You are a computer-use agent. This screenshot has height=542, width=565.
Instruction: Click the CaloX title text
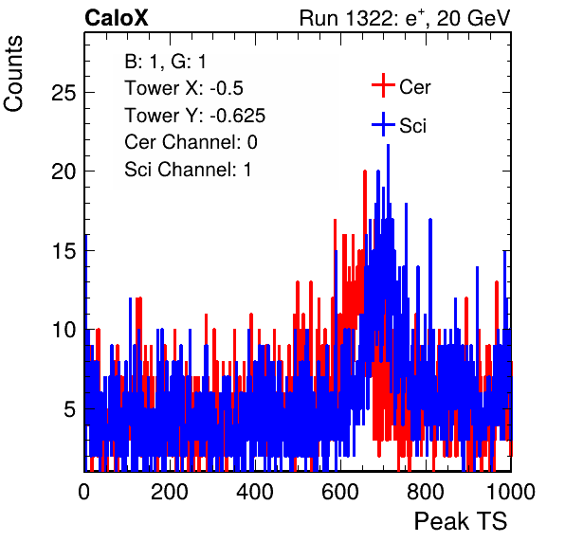click(x=117, y=18)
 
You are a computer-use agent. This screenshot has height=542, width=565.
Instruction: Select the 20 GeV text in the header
click(x=473, y=18)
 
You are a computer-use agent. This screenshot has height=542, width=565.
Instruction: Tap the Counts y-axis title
click(x=13, y=74)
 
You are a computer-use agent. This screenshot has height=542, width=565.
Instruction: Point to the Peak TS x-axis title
click(x=461, y=521)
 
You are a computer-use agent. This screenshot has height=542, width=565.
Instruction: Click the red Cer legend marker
click(x=383, y=85)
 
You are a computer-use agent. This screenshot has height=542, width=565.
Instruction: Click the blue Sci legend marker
click(x=383, y=124)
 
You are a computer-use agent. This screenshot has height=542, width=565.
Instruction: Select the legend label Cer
click(x=414, y=87)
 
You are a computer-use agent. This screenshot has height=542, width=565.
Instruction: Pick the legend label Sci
click(x=412, y=126)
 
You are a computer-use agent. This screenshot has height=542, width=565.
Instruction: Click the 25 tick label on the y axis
click(x=64, y=93)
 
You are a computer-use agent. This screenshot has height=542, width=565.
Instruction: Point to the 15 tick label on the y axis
click(x=64, y=251)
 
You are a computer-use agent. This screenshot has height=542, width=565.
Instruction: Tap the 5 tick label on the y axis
click(x=70, y=409)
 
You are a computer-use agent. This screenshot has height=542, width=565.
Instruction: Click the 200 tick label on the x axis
click(x=170, y=492)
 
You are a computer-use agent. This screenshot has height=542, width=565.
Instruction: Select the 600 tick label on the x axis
click(x=340, y=492)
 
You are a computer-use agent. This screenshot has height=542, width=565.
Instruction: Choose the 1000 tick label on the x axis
click(x=511, y=492)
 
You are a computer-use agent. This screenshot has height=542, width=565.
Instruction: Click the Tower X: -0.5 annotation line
click(x=184, y=88)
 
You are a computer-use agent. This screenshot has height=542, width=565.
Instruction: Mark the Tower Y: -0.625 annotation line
click(x=195, y=116)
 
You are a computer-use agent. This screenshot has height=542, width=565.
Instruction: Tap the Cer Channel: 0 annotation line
click(x=191, y=142)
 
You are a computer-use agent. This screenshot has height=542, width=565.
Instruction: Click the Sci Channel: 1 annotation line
click(x=188, y=170)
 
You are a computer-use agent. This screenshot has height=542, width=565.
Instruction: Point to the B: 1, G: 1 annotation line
click(x=165, y=62)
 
